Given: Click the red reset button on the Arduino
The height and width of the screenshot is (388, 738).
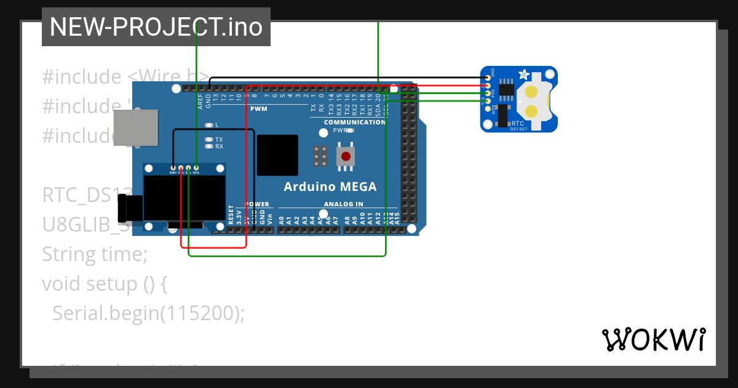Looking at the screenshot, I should click(346, 156).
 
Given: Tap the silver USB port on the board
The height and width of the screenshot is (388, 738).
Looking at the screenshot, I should click(135, 127).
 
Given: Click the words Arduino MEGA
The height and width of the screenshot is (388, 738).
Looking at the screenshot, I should click(330, 187).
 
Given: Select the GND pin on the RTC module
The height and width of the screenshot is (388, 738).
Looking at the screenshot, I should click(488, 78).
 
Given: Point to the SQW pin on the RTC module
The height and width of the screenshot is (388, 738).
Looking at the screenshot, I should click(488, 109).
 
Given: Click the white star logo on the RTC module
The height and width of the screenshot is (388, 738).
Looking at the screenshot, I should click(524, 75).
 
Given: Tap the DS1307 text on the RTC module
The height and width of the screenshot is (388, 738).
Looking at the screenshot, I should click(519, 129).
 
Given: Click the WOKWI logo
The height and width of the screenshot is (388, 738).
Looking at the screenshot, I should click(653, 339).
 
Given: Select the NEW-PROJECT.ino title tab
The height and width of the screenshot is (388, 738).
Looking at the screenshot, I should click(156, 27).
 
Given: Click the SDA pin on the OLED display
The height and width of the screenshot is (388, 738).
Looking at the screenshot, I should click(196, 168).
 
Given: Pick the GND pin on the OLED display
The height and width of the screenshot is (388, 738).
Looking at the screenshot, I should click(173, 168).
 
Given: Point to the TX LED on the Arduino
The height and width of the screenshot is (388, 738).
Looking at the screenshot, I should click(210, 140).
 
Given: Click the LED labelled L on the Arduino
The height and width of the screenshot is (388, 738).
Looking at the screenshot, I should click(210, 124).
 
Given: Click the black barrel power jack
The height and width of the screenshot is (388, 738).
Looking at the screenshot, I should click(130, 208).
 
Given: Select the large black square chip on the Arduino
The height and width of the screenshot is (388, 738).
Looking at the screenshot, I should click(277, 155).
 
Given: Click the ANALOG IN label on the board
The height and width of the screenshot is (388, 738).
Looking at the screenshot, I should click(343, 204).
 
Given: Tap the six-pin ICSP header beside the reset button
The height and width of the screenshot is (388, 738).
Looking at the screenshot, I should click(320, 156).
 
